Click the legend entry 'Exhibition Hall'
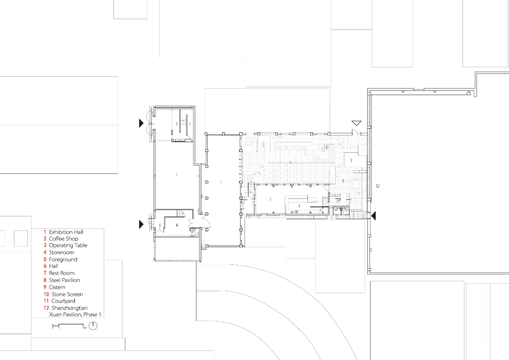[66, 232]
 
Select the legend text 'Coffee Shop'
[63, 239]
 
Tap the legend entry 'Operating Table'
[68, 245]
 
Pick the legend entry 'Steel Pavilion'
[64, 280]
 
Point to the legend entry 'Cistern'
[57, 287]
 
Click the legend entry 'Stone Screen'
[67, 295]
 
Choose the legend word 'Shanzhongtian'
[69, 308]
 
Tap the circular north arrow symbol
[93, 325]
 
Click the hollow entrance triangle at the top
[356, 123]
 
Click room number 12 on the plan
[378, 186]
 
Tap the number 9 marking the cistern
[351, 160]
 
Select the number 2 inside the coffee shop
[270, 200]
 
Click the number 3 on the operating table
[299, 206]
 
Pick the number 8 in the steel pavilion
[343, 180]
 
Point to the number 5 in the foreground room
[177, 123]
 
